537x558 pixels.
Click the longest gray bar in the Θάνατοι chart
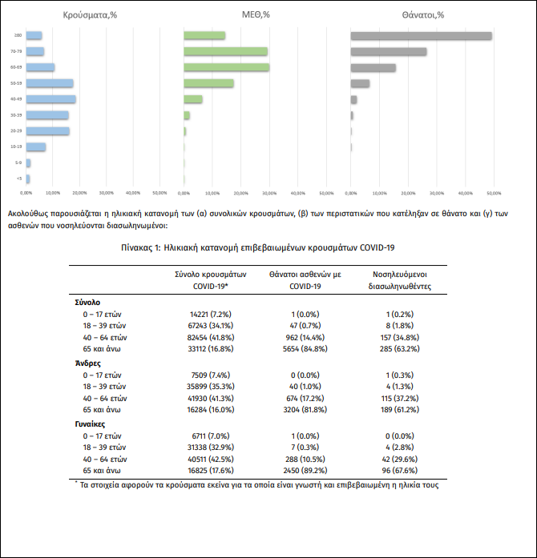tap(422, 35)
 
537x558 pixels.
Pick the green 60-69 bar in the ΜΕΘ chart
tap(226, 67)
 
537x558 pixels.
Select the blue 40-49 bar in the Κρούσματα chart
tap(51, 99)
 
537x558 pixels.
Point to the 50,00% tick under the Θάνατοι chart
tap(494, 193)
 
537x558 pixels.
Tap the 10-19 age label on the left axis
tap(16, 147)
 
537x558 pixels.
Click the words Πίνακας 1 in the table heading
tap(141, 248)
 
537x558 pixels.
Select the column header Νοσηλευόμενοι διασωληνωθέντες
tap(401, 280)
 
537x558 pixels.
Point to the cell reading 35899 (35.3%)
tap(210, 387)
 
